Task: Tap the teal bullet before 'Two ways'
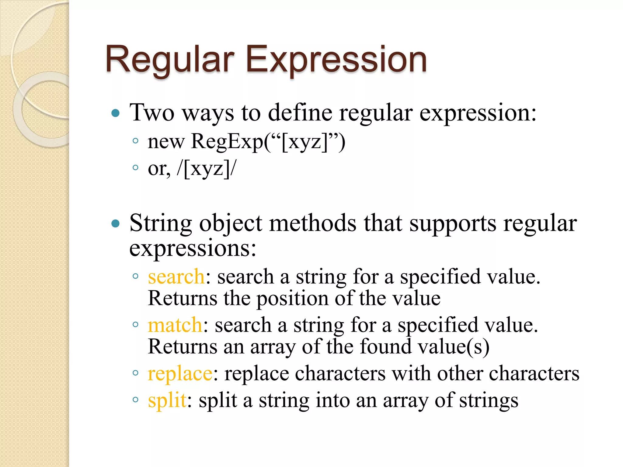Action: (116, 114)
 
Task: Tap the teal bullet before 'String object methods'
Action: (116, 224)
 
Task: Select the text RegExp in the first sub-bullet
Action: (227, 142)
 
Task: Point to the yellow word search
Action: (176, 277)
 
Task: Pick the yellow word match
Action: (175, 325)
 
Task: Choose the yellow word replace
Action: (180, 373)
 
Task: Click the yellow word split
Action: (167, 400)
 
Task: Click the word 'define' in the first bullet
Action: (300, 113)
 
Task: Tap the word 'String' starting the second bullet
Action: (161, 223)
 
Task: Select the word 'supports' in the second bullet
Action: (453, 223)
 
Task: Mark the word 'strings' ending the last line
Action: (489, 400)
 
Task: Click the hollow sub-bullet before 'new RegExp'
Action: (136, 141)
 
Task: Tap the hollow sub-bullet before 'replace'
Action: (136, 373)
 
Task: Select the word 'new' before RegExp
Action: (166, 142)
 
